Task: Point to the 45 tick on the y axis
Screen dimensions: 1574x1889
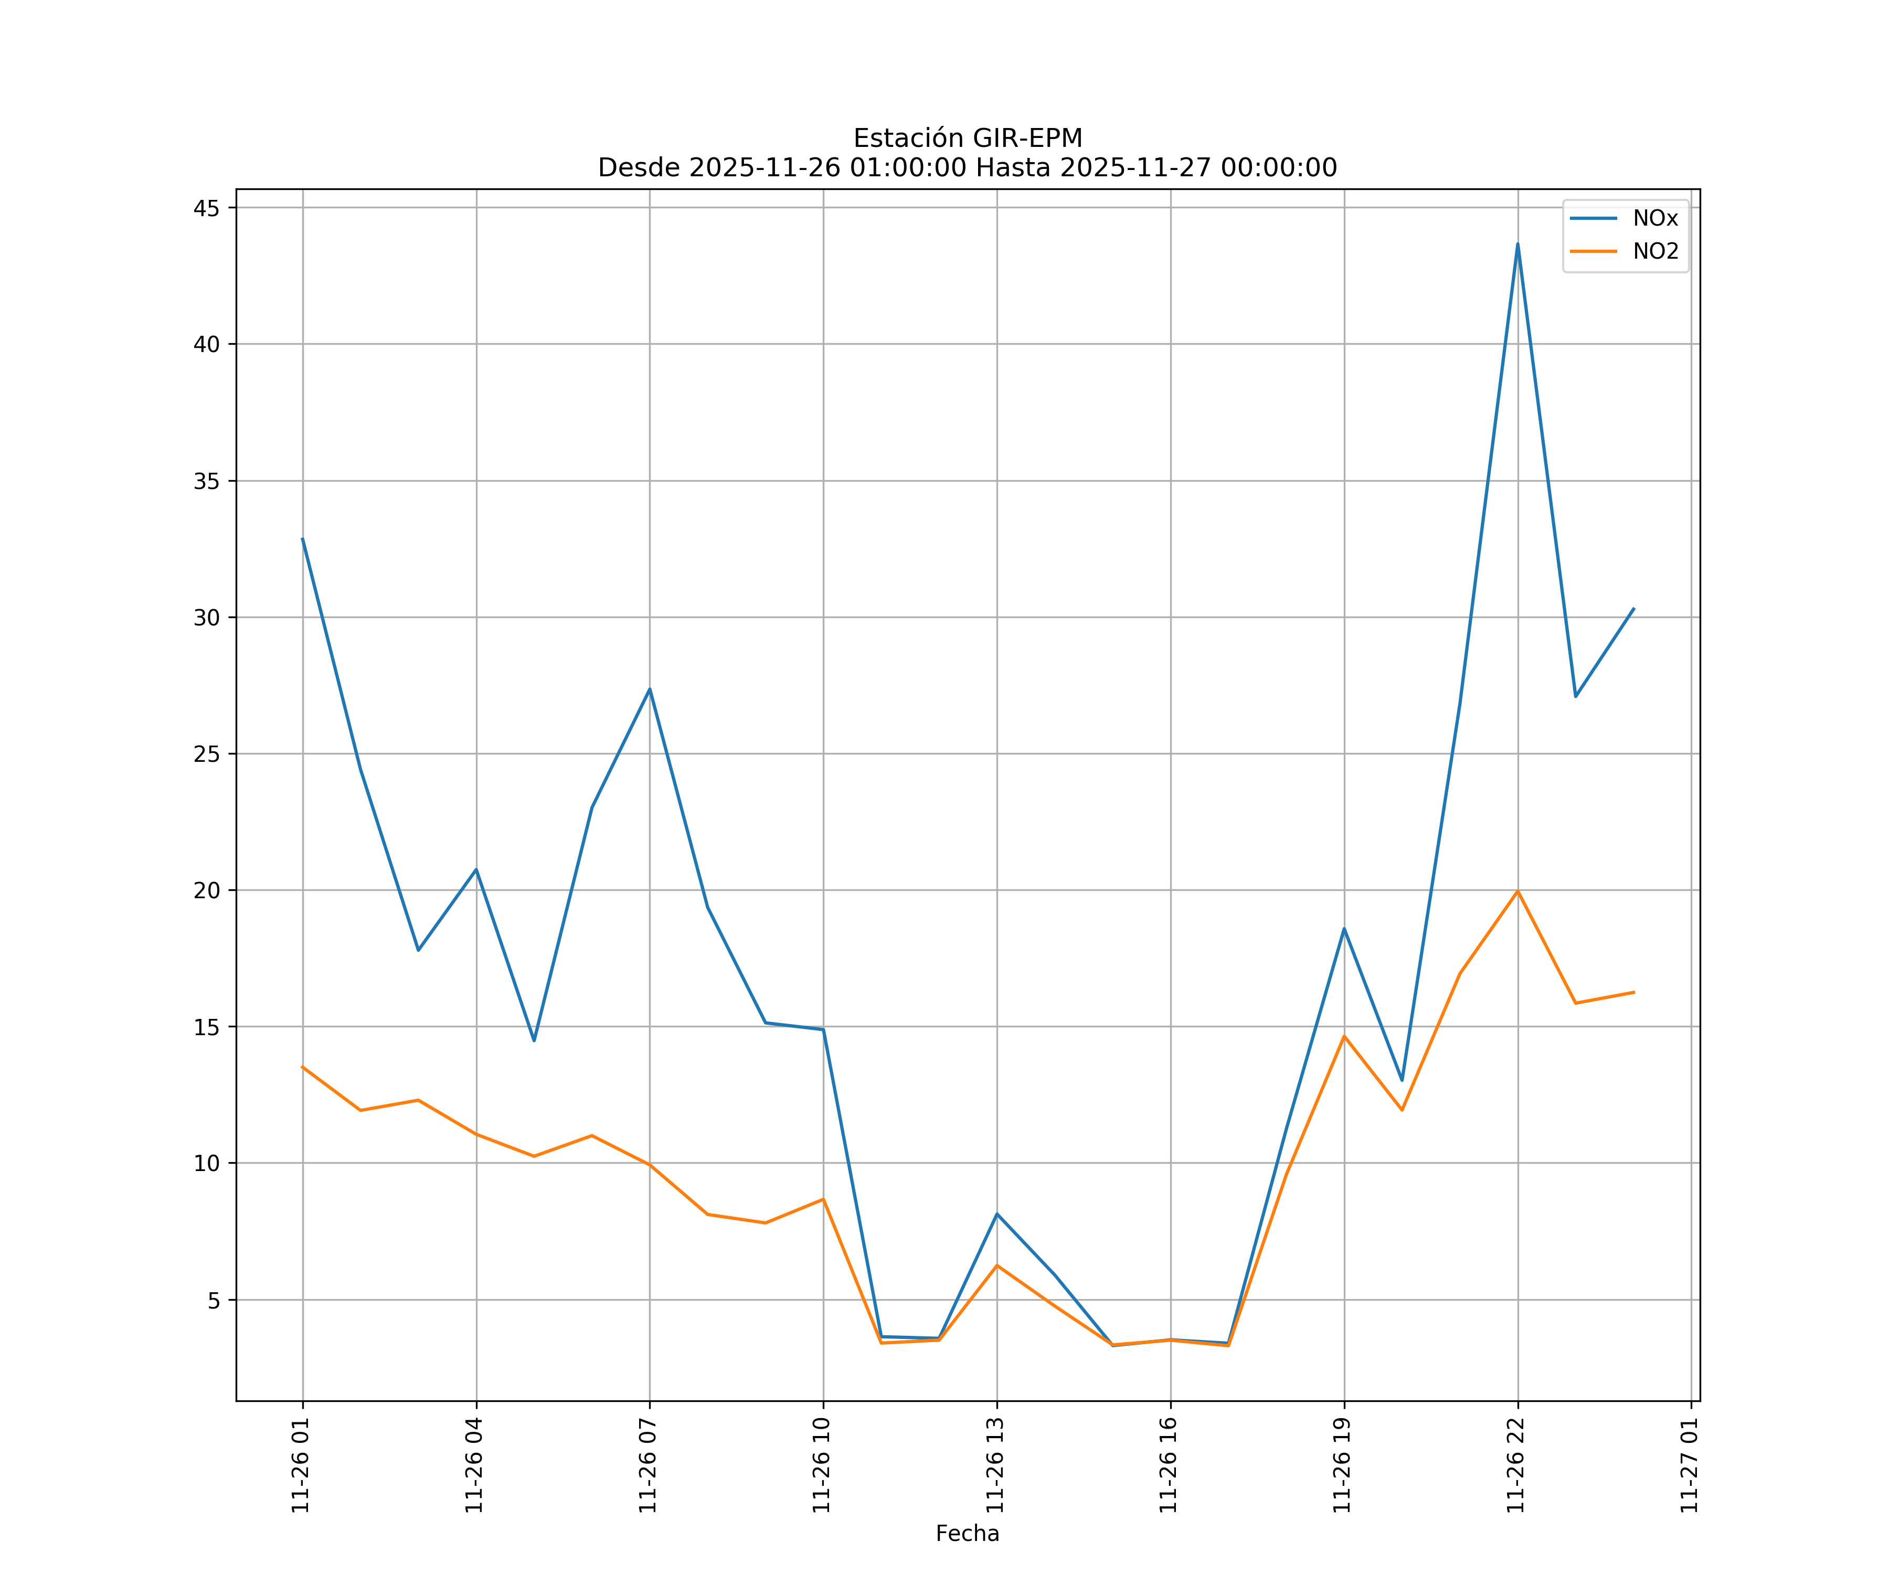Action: (207, 208)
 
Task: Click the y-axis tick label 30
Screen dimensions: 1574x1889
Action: (207, 617)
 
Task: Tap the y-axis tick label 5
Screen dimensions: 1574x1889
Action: (213, 1300)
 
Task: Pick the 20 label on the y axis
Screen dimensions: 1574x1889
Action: (207, 890)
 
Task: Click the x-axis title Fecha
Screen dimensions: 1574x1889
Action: (967, 1534)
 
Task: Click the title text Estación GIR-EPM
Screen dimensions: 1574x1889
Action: (967, 139)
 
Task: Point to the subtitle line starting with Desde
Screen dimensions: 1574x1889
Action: (967, 167)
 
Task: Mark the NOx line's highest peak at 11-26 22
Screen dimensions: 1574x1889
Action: (1517, 244)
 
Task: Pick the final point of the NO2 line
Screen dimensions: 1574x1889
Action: (1633, 992)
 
